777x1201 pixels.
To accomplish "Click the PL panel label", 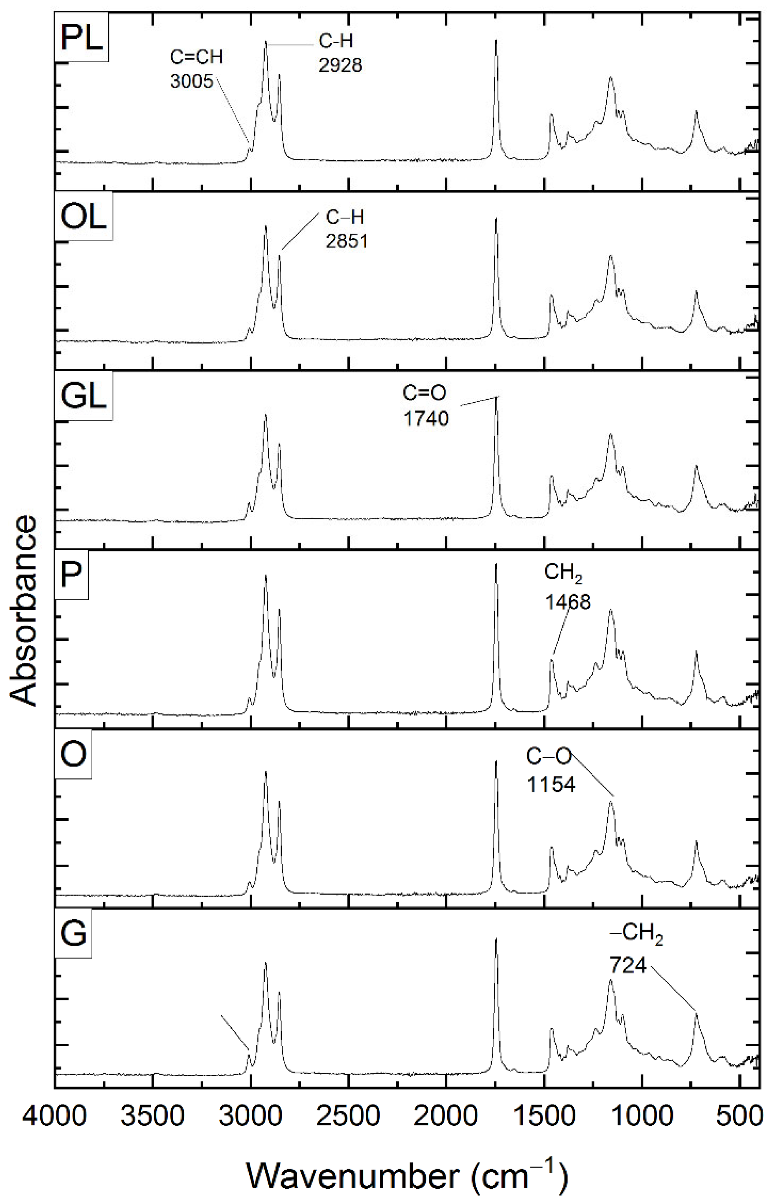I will tap(81, 38).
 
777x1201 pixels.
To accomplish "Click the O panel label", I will tap(73, 755).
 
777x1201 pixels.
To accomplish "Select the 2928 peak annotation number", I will tap(340, 65).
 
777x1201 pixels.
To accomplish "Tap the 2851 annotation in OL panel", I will tap(347, 241).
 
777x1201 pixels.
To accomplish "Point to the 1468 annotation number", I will tap(567, 602).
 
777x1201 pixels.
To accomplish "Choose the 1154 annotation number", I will tap(551, 785).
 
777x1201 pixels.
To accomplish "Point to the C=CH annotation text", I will tap(196, 57).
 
